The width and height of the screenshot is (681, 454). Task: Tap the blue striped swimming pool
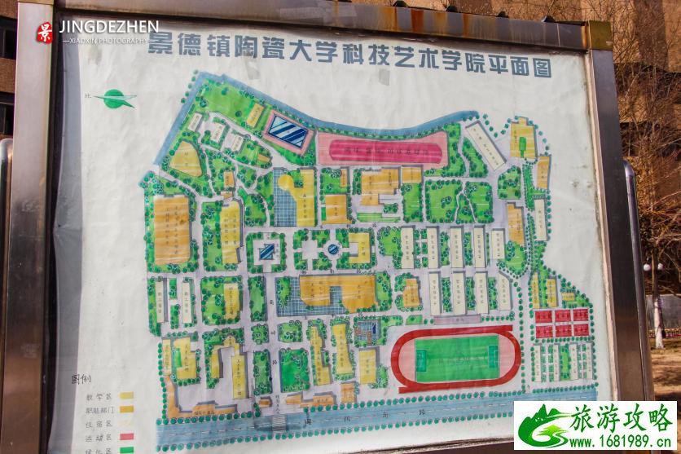click(288, 130)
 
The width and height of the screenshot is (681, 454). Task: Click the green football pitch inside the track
click(455, 358)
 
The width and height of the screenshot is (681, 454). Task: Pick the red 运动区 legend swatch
click(127, 436)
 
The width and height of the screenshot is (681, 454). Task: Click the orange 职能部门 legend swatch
click(127, 409)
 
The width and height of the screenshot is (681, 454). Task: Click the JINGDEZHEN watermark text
click(108, 28)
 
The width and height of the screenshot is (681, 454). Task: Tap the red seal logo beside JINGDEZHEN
click(45, 32)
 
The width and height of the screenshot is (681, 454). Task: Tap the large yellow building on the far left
click(171, 230)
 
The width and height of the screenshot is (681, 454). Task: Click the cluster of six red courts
click(561, 322)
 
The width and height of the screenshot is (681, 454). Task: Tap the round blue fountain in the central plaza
click(333, 249)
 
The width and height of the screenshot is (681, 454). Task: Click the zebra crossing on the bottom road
click(277, 422)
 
